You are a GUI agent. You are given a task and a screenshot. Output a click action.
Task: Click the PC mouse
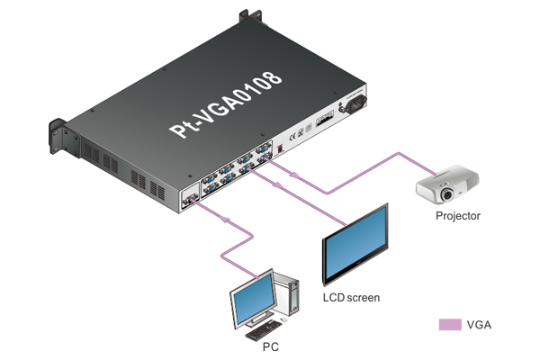[x=285, y=321]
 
